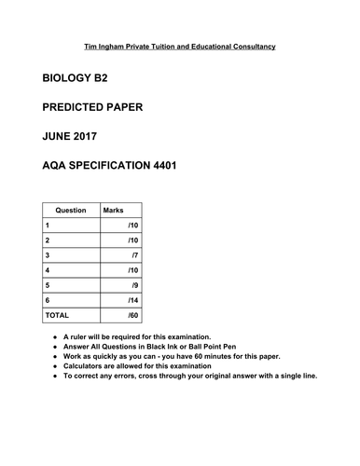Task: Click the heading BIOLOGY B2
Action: click(84, 81)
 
